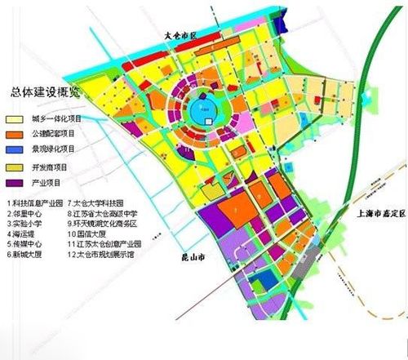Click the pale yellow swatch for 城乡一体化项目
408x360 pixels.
pos(16,115)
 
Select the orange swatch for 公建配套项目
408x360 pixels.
pos(16,132)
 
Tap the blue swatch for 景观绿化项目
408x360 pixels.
pos(16,149)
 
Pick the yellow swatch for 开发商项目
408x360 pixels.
pos(16,167)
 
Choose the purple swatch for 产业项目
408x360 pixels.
pos(16,184)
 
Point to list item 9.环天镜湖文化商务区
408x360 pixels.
pos(106,222)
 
